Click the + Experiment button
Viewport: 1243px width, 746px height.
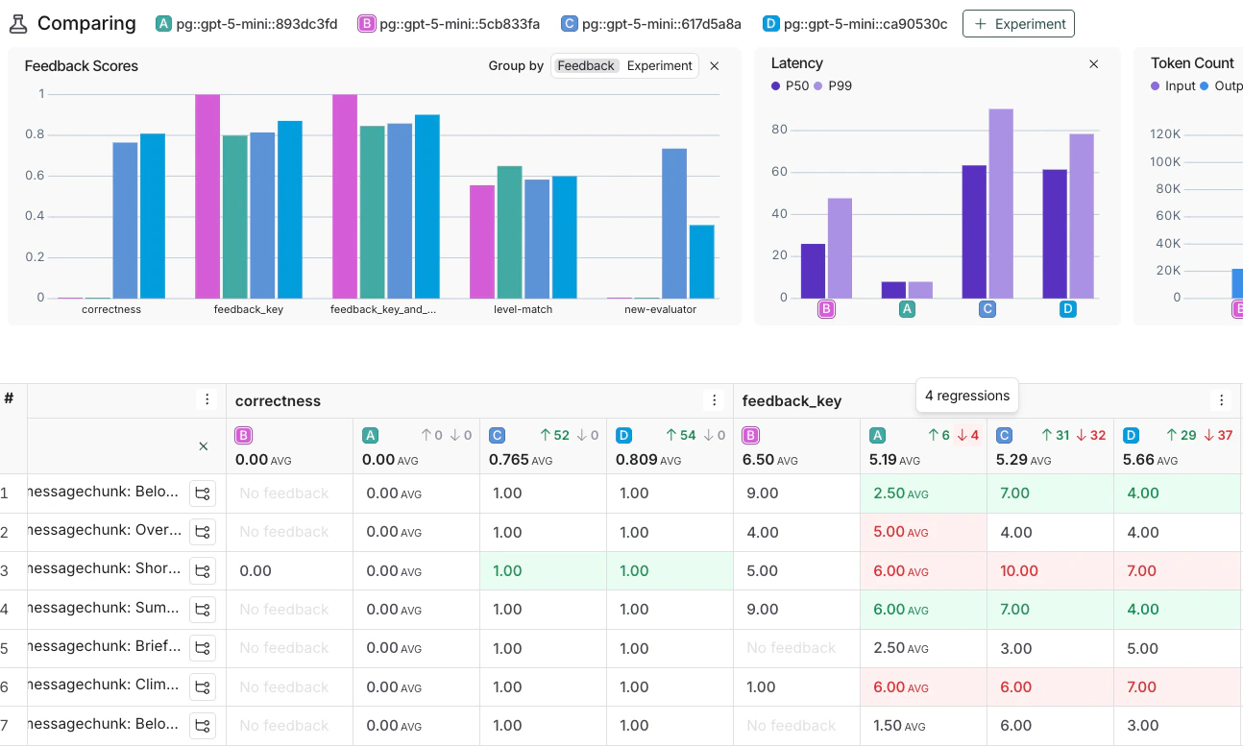[1018, 24]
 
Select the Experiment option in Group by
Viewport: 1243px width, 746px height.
[659, 66]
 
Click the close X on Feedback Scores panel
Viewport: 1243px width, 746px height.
[714, 66]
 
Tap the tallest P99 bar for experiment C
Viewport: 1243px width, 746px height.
[1000, 203]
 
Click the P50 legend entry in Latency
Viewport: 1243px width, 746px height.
[791, 86]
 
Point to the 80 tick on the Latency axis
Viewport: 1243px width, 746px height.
[779, 130]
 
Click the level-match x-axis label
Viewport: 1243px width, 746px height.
[523, 310]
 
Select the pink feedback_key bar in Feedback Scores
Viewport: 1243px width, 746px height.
[207, 196]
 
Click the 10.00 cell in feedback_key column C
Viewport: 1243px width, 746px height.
[1019, 571]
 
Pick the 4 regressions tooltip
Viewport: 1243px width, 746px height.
[967, 396]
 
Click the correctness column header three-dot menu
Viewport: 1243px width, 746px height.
[713, 400]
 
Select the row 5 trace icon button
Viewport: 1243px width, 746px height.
[202, 648]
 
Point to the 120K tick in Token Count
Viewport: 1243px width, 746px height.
[1164, 133]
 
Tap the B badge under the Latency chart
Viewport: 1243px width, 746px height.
[826, 309]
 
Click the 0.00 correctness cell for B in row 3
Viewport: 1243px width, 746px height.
[256, 571]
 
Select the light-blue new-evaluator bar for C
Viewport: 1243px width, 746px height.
[674, 223]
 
